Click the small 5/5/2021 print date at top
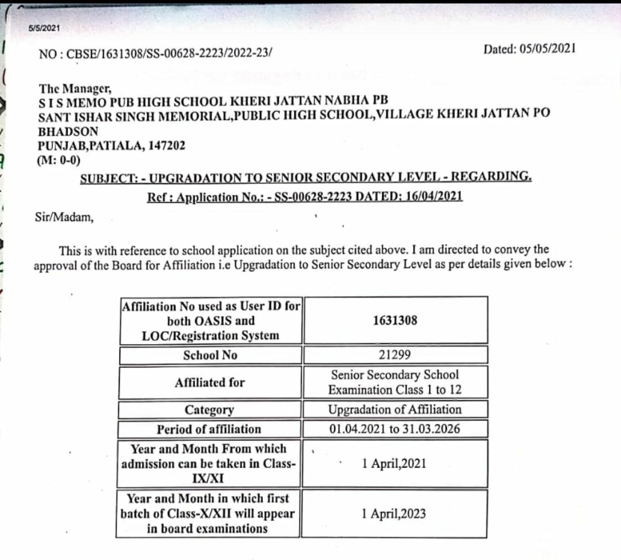tap(44, 28)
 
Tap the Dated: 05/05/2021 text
tap(530, 49)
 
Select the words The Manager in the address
tap(74, 89)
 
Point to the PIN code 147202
tap(167, 145)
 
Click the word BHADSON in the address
tap(68, 131)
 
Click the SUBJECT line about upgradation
tap(306, 177)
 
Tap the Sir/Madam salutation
tap(63, 217)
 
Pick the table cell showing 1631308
tap(394, 320)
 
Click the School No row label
tap(210, 355)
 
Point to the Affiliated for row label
tap(210, 382)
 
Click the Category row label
tap(209, 410)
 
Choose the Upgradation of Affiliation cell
tap(394, 409)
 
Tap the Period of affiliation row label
tap(209, 429)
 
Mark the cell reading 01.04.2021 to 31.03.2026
tap(394, 429)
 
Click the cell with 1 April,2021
tap(394, 463)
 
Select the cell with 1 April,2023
tap(394, 513)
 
